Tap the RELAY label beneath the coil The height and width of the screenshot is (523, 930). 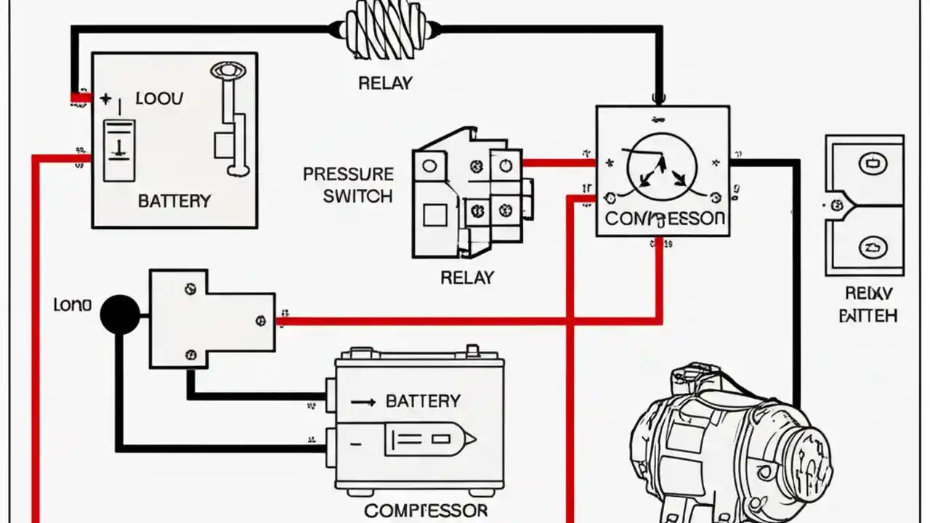pyautogui.click(x=385, y=84)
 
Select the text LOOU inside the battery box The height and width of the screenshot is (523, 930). pyautogui.click(x=160, y=99)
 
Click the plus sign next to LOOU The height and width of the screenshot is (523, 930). pyautogui.click(x=106, y=99)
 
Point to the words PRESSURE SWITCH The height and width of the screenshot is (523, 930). pyautogui.click(x=348, y=185)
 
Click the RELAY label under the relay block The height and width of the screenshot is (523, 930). pyautogui.click(x=467, y=277)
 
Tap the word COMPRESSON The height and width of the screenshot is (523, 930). pyautogui.click(x=664, y=219)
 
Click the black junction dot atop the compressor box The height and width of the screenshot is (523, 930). pyautogui.click(x=658, y=97)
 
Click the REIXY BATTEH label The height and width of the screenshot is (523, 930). pyautogui.click(x=868, y=304)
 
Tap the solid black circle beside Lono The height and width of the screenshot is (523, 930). pyautogui.click(x=120, y=315)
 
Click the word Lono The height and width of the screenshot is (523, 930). pyautogui.click(x=73, y=305)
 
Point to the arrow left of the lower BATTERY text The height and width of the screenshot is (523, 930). pyautogui.click(x=363, y=401)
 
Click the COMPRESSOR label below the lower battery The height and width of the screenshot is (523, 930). pyautogui.click(x=426, y=511)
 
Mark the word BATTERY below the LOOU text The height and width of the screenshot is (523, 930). pyautogui.click(x=174, y=201)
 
